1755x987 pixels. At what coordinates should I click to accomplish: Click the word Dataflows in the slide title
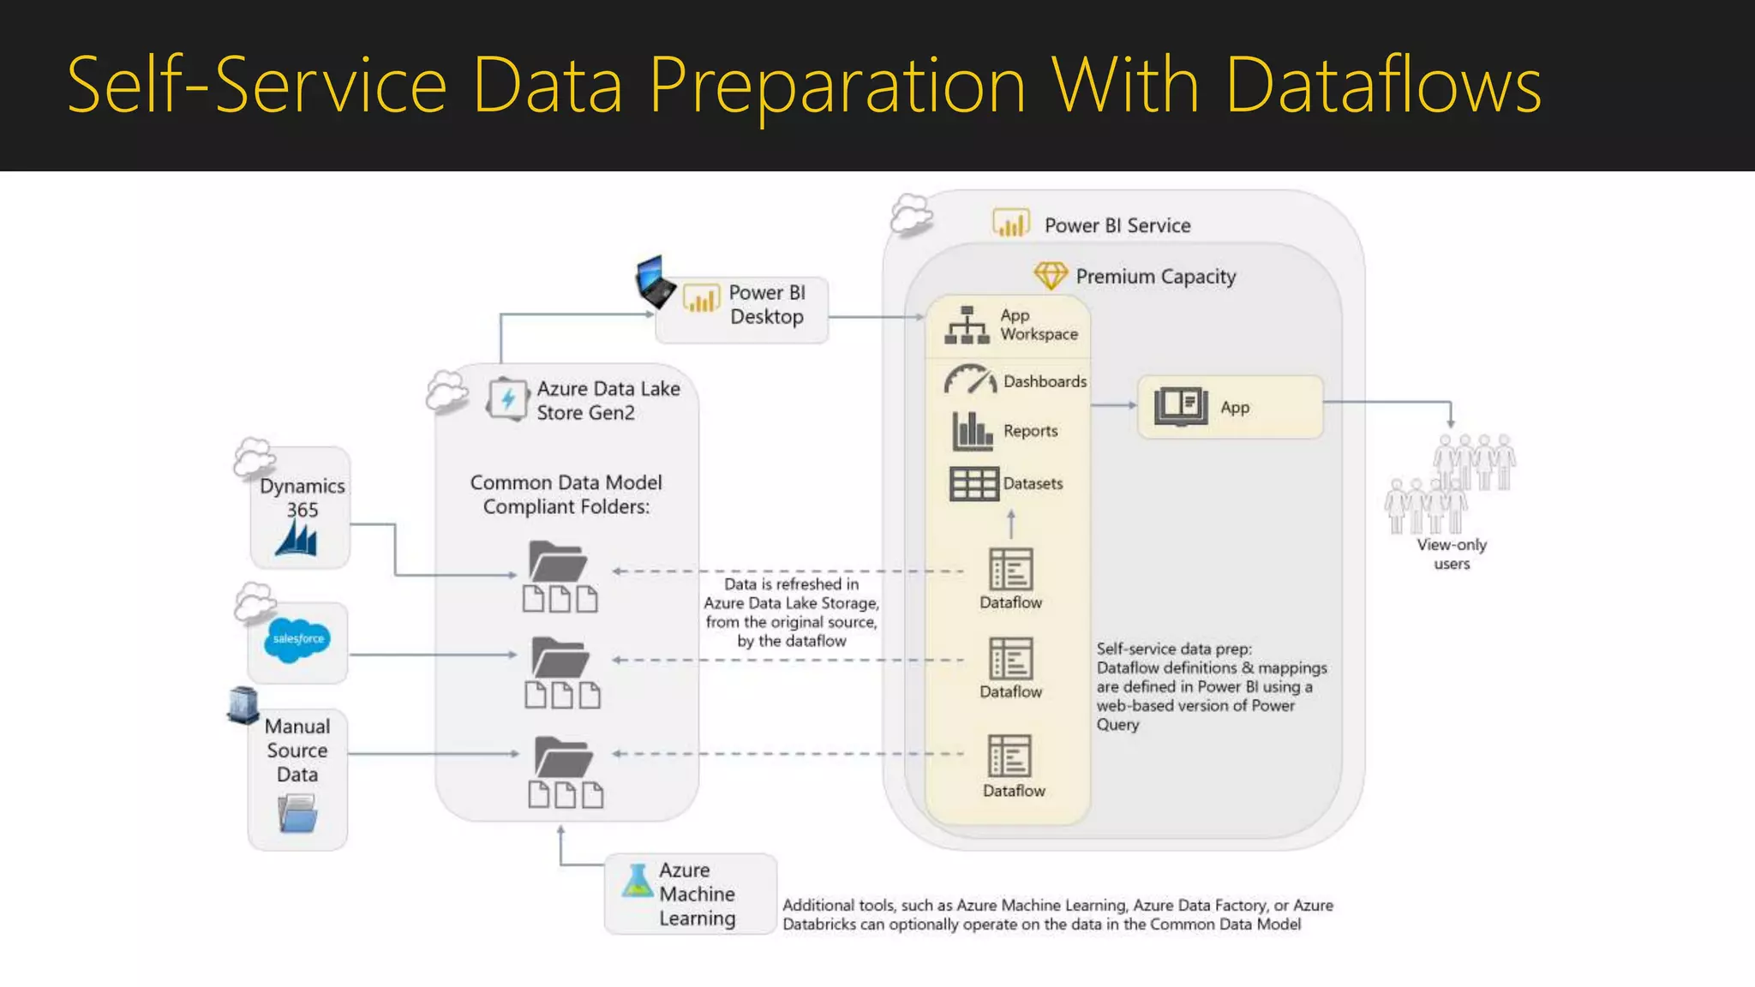coord(1383,86)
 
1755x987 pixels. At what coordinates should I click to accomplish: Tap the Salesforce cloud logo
coord(296,640)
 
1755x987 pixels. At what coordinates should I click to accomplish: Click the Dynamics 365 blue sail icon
coord(296,539)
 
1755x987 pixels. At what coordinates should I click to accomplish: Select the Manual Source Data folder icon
coord(297,813)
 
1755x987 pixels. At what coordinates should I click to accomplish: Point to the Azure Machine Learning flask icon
coord(637,882)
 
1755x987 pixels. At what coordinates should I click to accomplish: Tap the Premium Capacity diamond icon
coord(1050,276)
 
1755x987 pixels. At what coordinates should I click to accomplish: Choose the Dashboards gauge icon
coord(970,380)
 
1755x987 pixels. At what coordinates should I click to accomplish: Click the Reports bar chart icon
coord(972,431)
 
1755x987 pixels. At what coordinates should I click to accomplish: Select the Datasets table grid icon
coord(973,483)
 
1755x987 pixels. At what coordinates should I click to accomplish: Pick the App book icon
coord(1180,406)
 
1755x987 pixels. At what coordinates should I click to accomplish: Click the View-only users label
coord(1452,553)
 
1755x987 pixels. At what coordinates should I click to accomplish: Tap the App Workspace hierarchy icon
coord(967,325)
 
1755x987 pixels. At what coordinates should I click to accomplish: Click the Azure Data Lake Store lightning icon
coord(507,399)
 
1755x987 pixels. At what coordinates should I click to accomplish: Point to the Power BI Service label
coord(1117,225)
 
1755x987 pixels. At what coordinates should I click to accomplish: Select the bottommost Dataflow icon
coord(1010,755)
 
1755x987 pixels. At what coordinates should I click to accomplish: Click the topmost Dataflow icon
coord(1010,569)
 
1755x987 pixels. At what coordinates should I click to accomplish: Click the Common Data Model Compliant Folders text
coord(566,494)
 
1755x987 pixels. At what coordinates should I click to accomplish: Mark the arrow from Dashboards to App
coord(1113,405)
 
